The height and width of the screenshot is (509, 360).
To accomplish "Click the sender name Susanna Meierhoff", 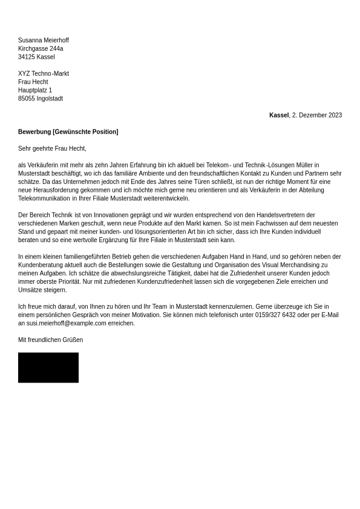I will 44,41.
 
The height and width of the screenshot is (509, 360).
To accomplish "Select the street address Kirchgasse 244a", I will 41,49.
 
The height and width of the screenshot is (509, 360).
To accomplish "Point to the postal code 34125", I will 26,57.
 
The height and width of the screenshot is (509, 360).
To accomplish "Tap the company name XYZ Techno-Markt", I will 44,74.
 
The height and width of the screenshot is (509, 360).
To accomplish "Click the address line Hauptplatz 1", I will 35,90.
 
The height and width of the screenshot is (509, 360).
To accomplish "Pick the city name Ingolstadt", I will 50,99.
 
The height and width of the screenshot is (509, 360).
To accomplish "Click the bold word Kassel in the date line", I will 279,115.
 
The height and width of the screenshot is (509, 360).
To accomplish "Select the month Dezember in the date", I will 313,115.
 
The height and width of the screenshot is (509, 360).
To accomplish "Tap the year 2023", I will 335,115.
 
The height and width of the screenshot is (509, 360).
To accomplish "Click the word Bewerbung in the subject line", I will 34,132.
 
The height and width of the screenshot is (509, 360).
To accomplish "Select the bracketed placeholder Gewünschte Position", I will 85,132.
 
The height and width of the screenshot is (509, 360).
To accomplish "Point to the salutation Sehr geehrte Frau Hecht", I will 52,148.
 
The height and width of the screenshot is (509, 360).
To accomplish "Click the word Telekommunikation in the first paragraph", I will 44,199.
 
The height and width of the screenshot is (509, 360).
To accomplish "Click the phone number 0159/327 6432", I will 275,315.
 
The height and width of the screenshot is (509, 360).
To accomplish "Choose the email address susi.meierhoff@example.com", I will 66,323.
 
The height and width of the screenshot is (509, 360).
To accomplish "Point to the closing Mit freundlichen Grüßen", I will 50,340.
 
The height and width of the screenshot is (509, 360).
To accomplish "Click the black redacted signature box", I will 48,367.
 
